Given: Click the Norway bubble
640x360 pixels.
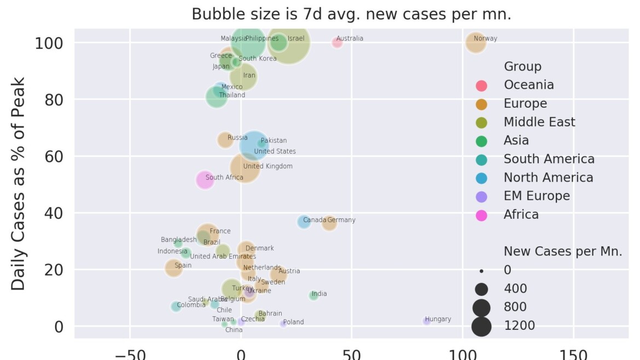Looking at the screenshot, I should tap(476, 42).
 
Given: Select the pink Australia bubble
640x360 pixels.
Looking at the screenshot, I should tap(337, 42).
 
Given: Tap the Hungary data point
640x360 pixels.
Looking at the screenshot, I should tap(427, 321).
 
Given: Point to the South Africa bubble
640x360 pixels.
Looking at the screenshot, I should tap(205, 179).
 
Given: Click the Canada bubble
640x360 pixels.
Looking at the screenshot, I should tap(304, 222).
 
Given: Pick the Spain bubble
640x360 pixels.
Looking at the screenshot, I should tap(173, 268).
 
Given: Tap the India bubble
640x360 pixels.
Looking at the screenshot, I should tap(313, 295).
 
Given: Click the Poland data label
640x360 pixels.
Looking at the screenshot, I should tap(293, 322).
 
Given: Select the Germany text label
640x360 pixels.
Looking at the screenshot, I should tap(341, 220).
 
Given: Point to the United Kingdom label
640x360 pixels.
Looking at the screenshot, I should tap(267, 166).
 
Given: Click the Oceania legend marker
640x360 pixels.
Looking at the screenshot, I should tap(481, 85).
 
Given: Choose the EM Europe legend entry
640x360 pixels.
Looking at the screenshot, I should tap(536, 196).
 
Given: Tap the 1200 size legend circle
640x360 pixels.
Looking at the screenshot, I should tap(482, 326).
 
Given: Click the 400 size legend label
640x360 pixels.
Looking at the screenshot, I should tap(515, 288).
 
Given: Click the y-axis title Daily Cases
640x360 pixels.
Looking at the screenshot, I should tap(19, 183).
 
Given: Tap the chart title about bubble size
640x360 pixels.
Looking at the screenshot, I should tap(351, 14).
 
